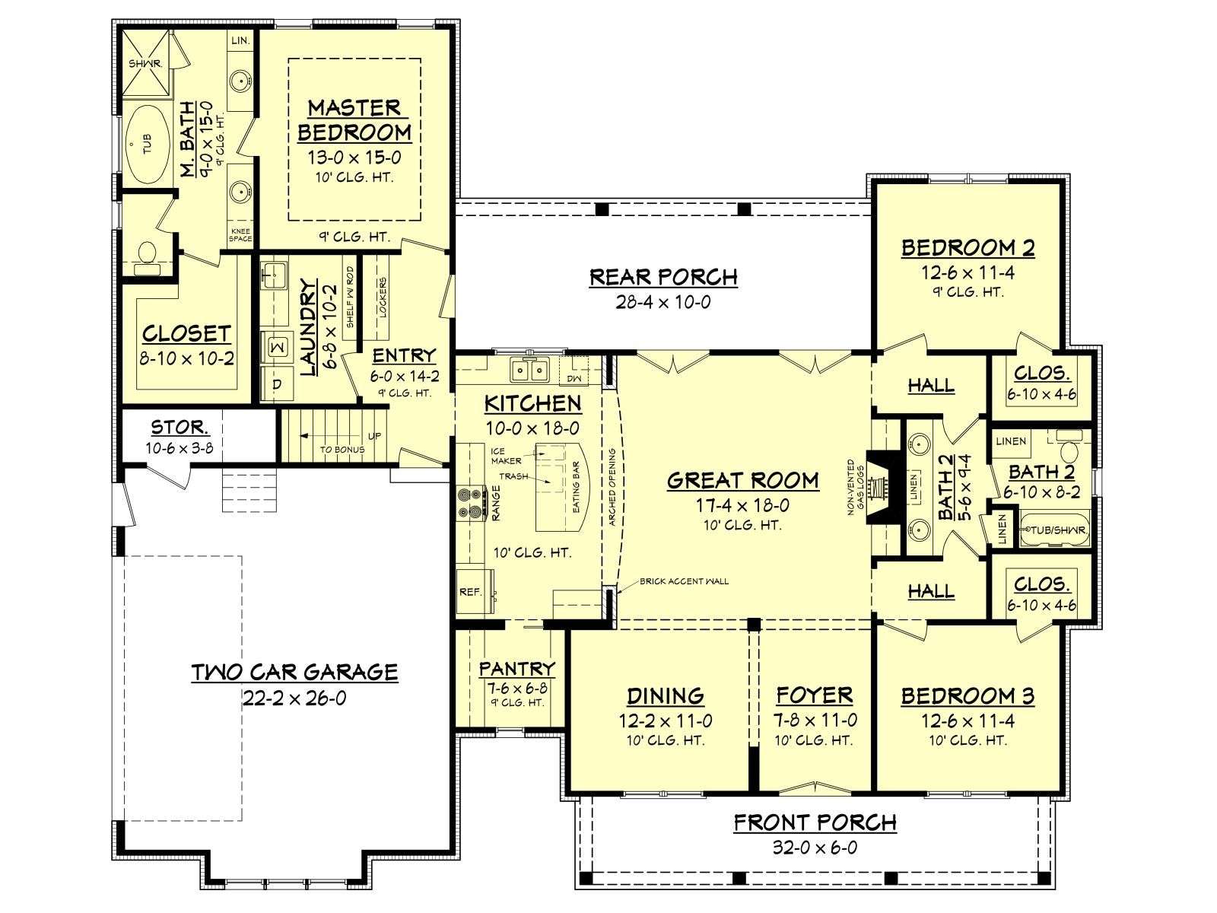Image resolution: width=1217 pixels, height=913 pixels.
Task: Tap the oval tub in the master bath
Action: click(x=146, y=145)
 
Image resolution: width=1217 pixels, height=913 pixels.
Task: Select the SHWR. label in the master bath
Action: click(x=145, y=64)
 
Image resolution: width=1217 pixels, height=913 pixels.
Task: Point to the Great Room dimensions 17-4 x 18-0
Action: click(x=743, y=505)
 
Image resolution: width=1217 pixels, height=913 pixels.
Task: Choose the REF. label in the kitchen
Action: click(x=470, y=592)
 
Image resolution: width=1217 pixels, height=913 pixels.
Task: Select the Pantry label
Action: click(x=516, y=669)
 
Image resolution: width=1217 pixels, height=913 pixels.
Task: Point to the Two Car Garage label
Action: click(x=295, y=672)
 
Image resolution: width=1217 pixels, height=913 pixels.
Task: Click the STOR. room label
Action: click(x=180, y=428)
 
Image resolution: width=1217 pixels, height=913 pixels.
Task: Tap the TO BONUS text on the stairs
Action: click(x=342, y=450)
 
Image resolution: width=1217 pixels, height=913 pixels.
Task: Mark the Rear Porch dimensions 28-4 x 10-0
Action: click(x=663, y=302)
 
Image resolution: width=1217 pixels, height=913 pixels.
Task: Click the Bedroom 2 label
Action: click(x=968, y=248)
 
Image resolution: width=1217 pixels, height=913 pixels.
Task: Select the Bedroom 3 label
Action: click(x=968, y=695)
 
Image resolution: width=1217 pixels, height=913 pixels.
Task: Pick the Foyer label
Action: click(x=815, y=695)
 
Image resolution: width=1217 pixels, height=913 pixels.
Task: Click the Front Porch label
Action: click(x=815, y=822)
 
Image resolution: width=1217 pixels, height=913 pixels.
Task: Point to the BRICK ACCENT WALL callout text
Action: click(x=684, y=581)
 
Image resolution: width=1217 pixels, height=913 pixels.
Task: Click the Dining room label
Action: click(x=666, y=695)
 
